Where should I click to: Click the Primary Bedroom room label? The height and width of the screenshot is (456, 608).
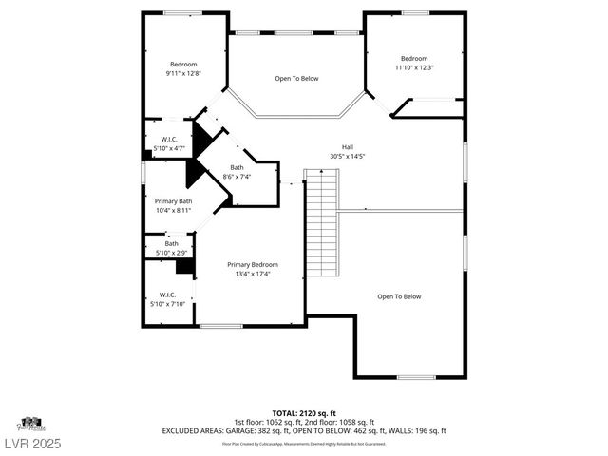[252, 264]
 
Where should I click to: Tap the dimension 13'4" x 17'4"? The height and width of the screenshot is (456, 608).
[252, 274]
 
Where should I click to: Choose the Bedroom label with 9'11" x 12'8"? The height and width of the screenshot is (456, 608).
[183, 64]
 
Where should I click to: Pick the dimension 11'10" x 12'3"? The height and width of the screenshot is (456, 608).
[414, 67]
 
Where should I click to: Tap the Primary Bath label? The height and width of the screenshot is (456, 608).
[174, 200]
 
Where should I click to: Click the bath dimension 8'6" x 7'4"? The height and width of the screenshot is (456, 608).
[237, 177]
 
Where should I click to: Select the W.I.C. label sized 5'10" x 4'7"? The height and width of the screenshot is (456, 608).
[169, 139]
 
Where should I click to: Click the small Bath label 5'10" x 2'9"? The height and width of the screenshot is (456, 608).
[171, 244]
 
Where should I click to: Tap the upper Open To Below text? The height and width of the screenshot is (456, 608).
[296, 78]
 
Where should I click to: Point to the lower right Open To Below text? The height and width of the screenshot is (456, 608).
[399, 296]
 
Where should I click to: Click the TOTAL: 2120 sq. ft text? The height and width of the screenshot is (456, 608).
[304, 413]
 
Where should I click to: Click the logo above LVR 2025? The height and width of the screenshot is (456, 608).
[31, 424]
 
